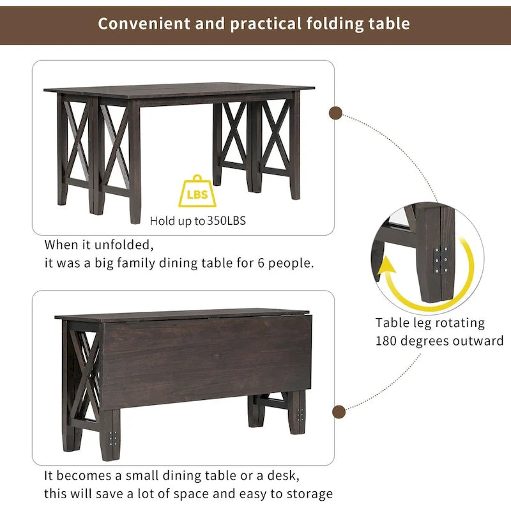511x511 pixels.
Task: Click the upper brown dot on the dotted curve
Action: click(x=335, y=114)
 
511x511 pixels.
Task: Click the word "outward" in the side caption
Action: click(x=478, y=340)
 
